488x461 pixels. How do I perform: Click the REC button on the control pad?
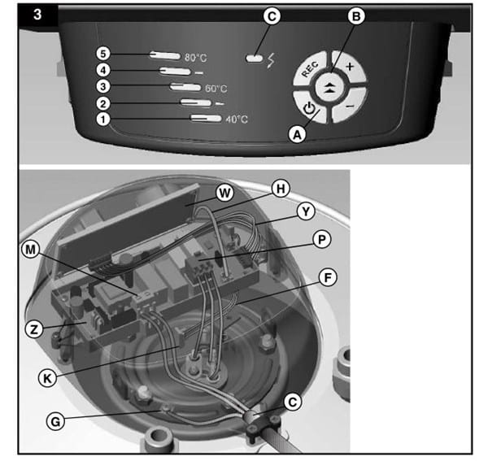coord(310,69)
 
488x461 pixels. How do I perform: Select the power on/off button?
coord(309,107)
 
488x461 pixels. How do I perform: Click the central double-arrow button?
coord(330,87)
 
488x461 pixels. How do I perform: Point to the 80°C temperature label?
coord(195,58)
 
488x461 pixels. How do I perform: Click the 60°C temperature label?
coord(216,89)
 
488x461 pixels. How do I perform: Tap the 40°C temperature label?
coord(237,120)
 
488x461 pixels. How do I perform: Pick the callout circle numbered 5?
coord(103,54)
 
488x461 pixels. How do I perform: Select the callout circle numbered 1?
coord(103,120)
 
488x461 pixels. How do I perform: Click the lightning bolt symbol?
coord(271,60)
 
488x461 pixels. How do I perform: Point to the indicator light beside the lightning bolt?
coord(255,59)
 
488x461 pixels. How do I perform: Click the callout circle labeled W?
coord(224,194)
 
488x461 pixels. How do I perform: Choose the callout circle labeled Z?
coord(34,329)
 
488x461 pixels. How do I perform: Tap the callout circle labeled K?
coord(47,379)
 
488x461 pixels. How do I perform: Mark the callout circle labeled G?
coord(55,422)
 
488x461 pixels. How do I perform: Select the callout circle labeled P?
coord(322,240)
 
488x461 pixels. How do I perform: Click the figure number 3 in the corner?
coord(37,15)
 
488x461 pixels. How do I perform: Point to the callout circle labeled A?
coord(298,135)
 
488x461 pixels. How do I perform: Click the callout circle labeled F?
coord(328,278)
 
